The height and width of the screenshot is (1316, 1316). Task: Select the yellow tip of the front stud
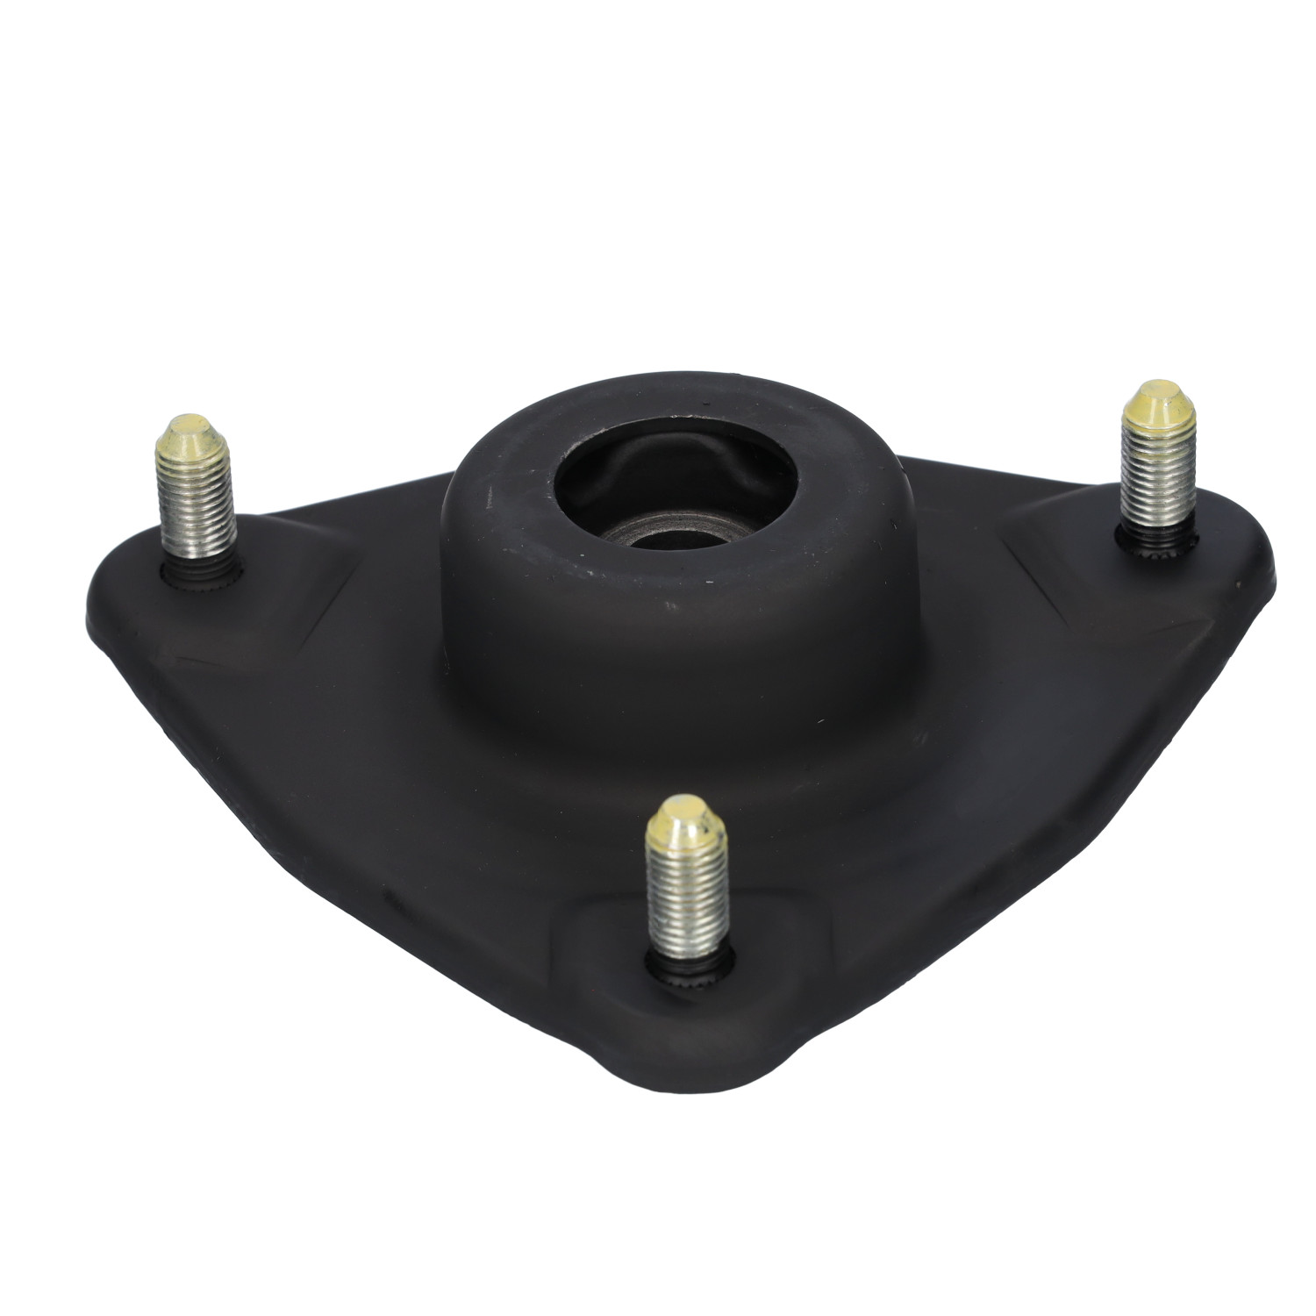point(682,820)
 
